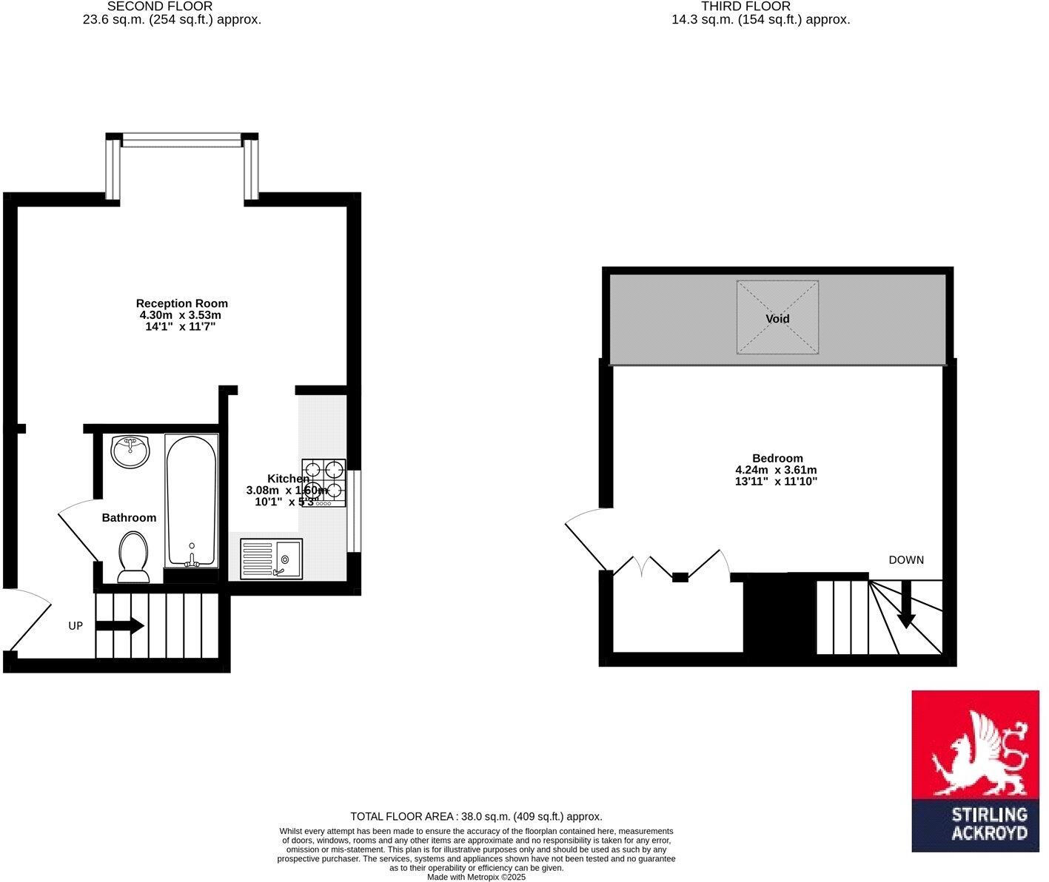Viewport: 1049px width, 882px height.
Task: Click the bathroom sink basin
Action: [x=130, y=451]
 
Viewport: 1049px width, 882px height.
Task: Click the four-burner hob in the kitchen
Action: [x=324, y=482]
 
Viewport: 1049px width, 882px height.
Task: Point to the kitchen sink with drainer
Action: [x=271, y=559]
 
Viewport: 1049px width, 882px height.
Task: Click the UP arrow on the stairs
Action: [x=119, y=626]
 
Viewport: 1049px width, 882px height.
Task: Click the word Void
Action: [x=777, y=319]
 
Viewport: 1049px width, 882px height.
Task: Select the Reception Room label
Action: [x=182, y=303]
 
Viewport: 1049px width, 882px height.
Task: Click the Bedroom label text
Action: [x=777, y=458]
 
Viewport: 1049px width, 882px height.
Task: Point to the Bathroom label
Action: [x=129, y=518]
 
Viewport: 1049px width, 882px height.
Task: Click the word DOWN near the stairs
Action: [x=906, y=560]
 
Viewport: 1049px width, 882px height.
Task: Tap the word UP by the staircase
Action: [x=76, y=626]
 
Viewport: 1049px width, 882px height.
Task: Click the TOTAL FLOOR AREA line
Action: [x=476, y=817]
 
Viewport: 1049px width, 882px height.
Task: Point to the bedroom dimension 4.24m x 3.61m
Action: [x=776, y=470]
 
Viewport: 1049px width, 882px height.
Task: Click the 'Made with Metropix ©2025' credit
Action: [x=476, y=877]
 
